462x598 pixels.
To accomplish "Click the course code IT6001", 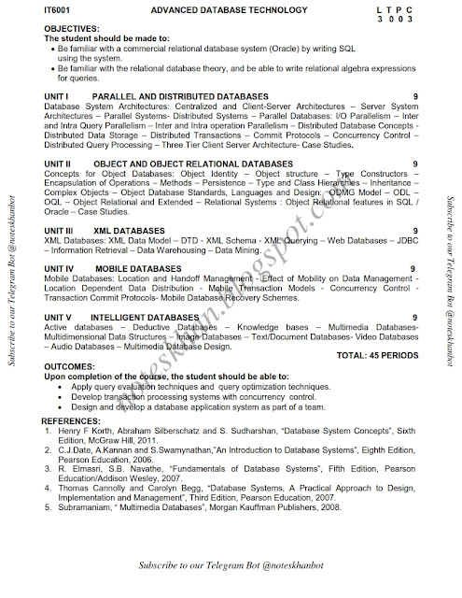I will pos(57,8).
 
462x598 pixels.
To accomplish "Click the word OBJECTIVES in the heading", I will pos(71,29).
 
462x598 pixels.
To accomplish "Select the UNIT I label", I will pos(58,96).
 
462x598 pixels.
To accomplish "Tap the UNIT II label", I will pos(60,162).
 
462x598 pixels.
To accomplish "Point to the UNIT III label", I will pos(62,229).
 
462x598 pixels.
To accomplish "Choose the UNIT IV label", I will pos(62,268).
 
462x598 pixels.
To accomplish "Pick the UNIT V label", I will pos(60,318).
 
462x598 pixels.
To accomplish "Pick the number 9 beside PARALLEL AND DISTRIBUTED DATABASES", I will pos(413,96).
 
